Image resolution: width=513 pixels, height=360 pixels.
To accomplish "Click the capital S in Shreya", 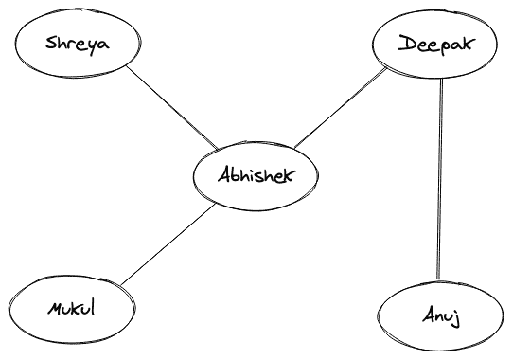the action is [50, 44].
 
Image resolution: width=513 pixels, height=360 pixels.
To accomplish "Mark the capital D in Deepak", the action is [405, 43].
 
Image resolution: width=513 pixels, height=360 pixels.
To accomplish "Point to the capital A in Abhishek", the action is [223, 174].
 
